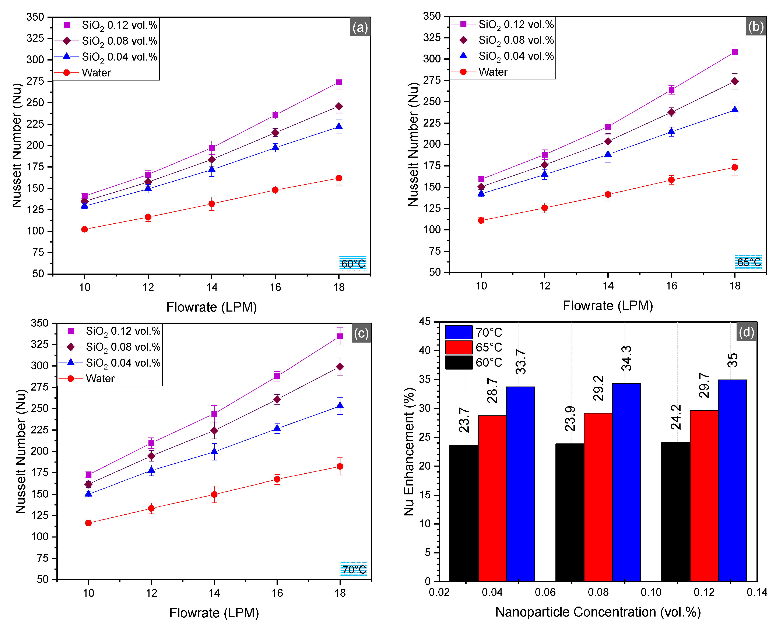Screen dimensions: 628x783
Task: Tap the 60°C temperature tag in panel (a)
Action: (353, 264)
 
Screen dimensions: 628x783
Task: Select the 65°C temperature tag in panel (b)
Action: (748, 262)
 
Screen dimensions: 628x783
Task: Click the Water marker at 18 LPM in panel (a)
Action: (339, 178)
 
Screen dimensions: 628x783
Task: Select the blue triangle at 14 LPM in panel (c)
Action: (214, 452)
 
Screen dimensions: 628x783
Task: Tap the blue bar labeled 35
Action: (732, 480)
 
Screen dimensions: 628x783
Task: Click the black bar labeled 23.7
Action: (464, 513)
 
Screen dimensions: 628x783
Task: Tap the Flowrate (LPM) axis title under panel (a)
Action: (211, 307)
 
